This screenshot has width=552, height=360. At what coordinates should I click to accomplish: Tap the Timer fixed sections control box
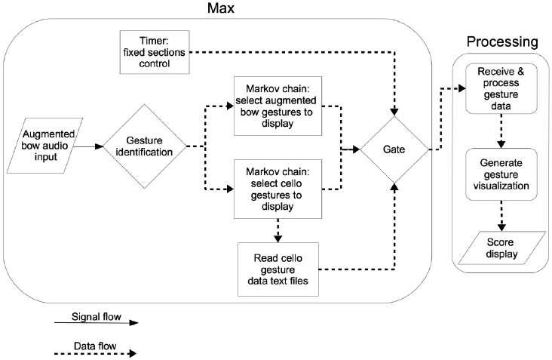[155, 52]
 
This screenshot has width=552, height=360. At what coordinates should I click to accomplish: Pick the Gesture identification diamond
[143, 146]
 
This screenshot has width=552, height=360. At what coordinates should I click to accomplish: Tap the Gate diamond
[394, 149]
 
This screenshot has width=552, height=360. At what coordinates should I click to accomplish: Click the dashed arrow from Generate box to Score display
[498, 216]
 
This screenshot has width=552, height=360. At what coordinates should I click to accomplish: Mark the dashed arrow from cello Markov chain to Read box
[278, 227]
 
